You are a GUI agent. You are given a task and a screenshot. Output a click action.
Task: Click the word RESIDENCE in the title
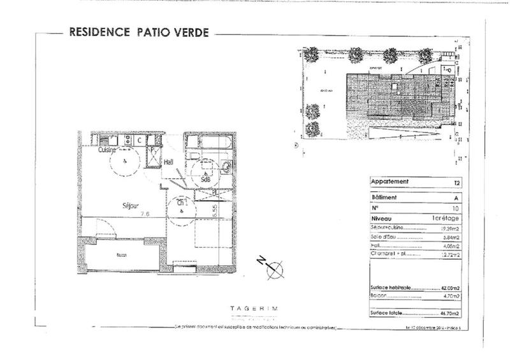(x=97, y=31)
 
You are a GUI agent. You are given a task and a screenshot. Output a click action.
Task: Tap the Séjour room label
(x=131, y=205)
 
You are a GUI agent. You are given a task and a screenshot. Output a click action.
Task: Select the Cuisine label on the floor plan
(x=108, y=150)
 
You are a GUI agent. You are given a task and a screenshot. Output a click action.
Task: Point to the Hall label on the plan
(x=169, y=162)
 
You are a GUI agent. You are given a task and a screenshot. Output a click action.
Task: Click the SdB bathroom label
(x=205, y=179)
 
